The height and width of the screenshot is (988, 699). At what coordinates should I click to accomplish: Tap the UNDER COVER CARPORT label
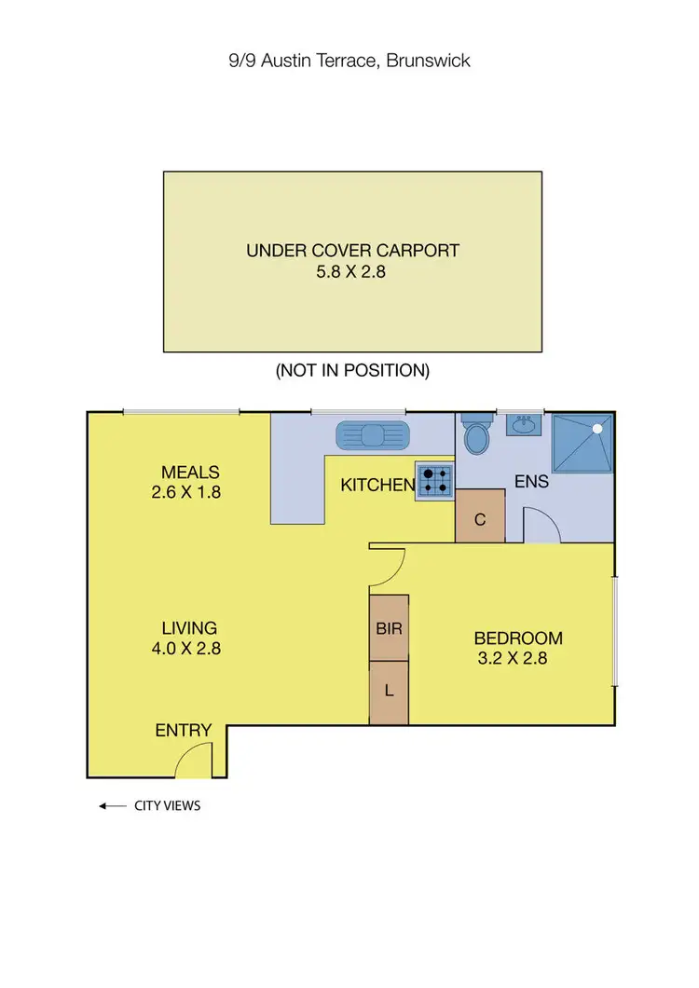[x=352, y=250]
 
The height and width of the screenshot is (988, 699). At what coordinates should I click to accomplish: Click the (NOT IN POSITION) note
[x=352, y=370]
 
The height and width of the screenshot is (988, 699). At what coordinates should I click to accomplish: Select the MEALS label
[x=190, y=472]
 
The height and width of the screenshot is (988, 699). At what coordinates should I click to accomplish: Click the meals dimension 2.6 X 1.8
[x=185, y=492]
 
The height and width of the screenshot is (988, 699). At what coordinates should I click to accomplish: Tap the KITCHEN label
[x=377, y=485]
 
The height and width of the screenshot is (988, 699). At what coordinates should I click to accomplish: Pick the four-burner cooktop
[x=435, y=480]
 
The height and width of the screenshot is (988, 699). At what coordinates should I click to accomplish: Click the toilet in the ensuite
[x=477, y=434]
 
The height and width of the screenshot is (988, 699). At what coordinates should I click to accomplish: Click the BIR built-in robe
[x=389, y=628]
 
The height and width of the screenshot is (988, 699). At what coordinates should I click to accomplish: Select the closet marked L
[x=389, y=692]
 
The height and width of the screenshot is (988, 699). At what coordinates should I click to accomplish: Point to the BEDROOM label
[x=518, y=638]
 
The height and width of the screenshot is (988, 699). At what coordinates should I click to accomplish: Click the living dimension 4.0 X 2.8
[x=185, y=649]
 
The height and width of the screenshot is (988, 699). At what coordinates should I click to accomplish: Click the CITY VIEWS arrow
[x=113, y=806]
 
